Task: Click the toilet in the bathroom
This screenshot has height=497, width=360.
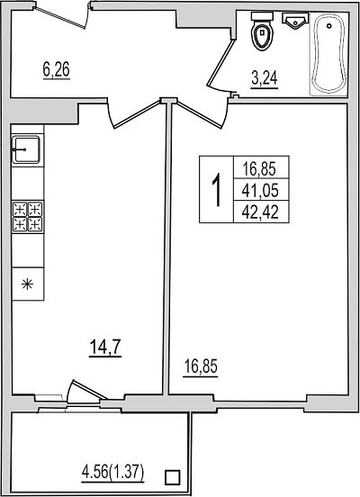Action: coord(262,31)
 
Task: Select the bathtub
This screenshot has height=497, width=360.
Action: coord(328,53)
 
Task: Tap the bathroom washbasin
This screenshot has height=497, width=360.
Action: coord(295,21)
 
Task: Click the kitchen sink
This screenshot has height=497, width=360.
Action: coord(26,149)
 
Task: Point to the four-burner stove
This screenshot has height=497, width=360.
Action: coord(28,216)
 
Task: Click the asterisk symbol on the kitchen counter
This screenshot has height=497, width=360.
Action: coord(27,284)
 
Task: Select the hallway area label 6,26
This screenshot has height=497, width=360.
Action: coord(57,70)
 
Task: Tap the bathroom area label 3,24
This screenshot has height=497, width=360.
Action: coord(265,79)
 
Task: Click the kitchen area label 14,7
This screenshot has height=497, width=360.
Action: coord(105,348)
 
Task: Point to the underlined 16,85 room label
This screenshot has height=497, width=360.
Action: coord(201,367)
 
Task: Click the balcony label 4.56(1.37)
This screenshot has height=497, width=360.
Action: coord(112,474)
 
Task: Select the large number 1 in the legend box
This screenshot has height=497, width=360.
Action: coord(217,190)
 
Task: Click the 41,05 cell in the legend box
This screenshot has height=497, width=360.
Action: coord(260,191)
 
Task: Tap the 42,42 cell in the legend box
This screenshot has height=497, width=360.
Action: coord(260,212)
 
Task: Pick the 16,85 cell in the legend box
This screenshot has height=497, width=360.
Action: coord(259,168)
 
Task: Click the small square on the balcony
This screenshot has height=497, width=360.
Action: coord(173,477)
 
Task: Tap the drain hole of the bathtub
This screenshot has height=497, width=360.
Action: coord(329,25)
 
